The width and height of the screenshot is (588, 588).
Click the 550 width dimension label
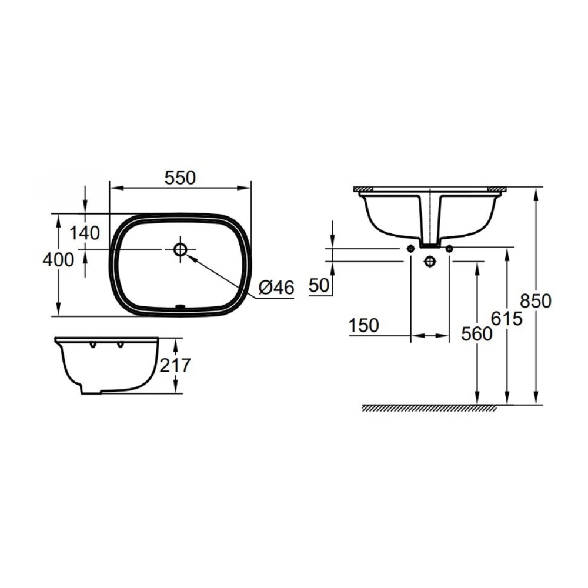tap(180, 178)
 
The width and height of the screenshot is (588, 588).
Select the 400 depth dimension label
tap(58, 259)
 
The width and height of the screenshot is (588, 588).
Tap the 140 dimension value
tap(85, 233)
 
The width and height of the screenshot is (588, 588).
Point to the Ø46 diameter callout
tap(276, 287)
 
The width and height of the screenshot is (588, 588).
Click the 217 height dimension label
tap(175, 365)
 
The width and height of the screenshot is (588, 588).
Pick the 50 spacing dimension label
tap(318, 286)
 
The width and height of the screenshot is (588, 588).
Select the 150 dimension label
tap(363, 325)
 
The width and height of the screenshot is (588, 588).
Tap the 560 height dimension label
tap(476, 334)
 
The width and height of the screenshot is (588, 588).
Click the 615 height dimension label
tap(506, 319)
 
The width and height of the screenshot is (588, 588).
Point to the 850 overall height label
tap(536, 300)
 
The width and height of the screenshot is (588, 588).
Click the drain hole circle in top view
tap(181, 249)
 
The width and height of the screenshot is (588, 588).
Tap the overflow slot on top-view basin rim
tap(181, 306)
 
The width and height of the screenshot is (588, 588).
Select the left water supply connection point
tap(409, 249)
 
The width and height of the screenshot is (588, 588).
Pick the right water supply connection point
tap(449, 249)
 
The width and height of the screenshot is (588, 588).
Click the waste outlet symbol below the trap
tap(430, 260)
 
